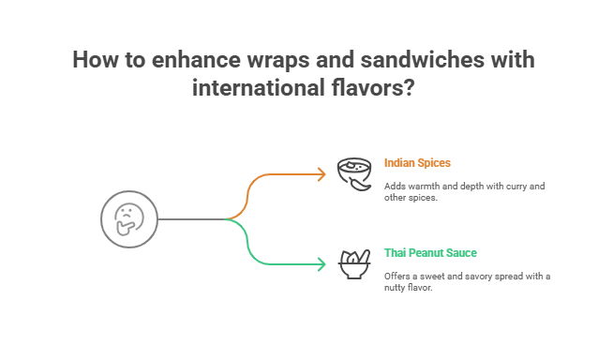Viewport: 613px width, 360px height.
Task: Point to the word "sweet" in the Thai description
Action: (x=432, y=276)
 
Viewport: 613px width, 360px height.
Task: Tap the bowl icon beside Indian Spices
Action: (x=351, y=173)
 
